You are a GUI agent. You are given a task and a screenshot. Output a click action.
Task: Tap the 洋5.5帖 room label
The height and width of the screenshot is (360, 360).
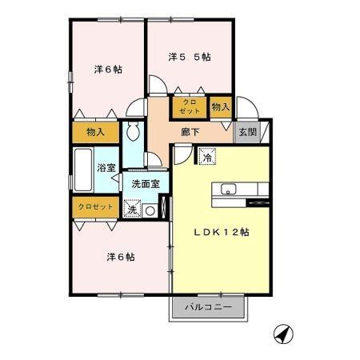coord(190,58)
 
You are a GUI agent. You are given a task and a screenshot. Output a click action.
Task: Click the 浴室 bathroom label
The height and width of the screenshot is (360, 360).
coord(107,168)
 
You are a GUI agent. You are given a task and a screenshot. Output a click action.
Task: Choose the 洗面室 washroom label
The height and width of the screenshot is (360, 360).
coord(146,184)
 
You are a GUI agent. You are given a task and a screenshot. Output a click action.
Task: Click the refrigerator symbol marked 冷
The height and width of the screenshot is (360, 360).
coord(206,158)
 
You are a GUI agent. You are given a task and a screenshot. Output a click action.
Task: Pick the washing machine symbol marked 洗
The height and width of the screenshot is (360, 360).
coord(132,210)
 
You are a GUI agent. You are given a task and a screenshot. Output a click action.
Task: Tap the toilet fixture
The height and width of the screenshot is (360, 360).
coord(133,131)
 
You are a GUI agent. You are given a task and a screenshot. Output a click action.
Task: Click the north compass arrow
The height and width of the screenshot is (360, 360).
coord(281,333)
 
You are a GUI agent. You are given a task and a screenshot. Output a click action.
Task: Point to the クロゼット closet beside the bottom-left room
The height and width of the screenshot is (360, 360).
coord(95,206)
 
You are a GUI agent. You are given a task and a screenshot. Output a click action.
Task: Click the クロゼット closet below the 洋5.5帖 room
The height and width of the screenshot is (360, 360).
coord(190,107)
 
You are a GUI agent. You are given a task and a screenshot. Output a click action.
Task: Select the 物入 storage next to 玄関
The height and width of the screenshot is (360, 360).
coord(220,106)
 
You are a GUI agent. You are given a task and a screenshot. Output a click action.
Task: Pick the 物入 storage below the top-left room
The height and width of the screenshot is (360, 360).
coord(95,132)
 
